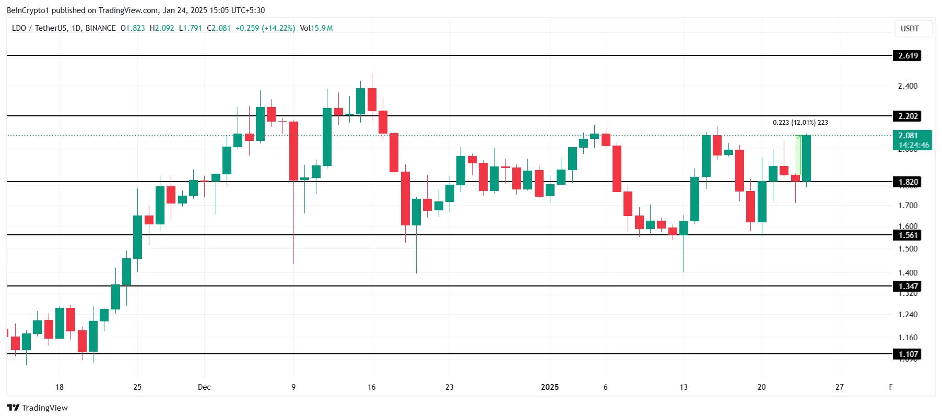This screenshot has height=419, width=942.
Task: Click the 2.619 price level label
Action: tap(908, 56)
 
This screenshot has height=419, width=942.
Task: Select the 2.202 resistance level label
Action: tap(908, 116)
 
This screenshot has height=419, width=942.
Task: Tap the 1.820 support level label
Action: tap(908, 182)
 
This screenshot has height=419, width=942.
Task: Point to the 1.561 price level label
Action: tap(908, 235)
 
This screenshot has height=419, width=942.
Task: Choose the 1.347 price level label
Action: tap(908, 286)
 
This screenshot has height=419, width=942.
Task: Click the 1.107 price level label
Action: tap(908, 354)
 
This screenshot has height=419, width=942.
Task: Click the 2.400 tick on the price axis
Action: tap(908, 86)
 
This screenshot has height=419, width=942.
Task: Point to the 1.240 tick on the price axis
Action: tap(908, 315)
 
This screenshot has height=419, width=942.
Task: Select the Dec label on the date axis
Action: tap(204, 387)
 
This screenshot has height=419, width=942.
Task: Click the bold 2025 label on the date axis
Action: tap(550, 387)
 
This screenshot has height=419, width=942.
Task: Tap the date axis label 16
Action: tap(371, 387)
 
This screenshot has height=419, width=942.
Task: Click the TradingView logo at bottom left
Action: tap(37, 408)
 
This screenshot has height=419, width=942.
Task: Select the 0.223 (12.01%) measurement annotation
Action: tap(800, 123)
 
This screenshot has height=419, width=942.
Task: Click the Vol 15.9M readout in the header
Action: tap(316, 28)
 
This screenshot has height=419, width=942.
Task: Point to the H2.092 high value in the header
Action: tap(162, 28)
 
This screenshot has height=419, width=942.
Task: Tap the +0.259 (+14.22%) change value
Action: tap(265, 28)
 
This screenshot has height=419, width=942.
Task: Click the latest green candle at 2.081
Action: tap(806, 159)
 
